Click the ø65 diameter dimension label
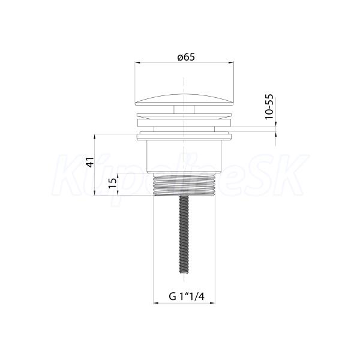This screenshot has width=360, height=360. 186,57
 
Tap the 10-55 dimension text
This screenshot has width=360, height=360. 269,107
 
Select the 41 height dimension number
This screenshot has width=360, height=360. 91,162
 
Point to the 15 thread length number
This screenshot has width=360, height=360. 113,184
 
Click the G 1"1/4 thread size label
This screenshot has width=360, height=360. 187,296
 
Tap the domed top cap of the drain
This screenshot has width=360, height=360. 184,100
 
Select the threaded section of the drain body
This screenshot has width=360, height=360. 184,184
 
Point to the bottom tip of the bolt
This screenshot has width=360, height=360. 184,274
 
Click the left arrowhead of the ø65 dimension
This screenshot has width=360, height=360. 137,62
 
